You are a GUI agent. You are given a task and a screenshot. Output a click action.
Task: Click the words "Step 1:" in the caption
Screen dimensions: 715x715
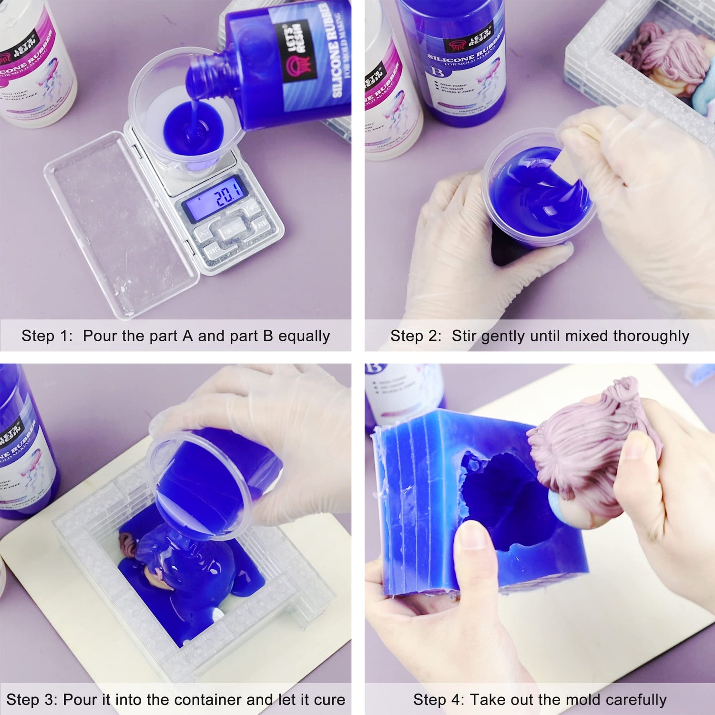[47, 336]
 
